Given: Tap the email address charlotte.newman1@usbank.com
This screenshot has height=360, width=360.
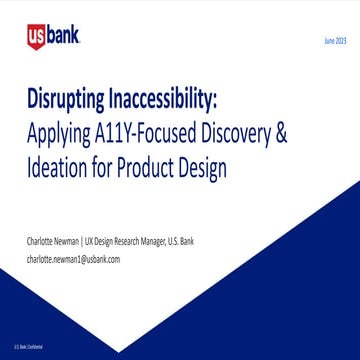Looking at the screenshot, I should point(73,258).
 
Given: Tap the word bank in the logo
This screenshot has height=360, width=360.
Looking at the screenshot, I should point(63,38).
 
